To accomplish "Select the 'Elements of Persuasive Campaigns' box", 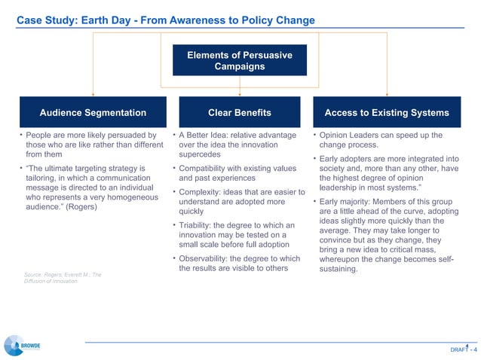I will (x=240, y=61).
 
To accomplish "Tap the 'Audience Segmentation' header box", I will (x=93, y=113).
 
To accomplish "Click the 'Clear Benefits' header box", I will (x=239, y=113).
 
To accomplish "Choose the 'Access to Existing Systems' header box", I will (x=387, y=113).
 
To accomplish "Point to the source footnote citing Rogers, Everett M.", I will (x=63, y=279).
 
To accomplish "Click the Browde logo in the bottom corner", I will (x=23, y=344).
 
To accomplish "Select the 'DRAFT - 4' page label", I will (x=463, y=349).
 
